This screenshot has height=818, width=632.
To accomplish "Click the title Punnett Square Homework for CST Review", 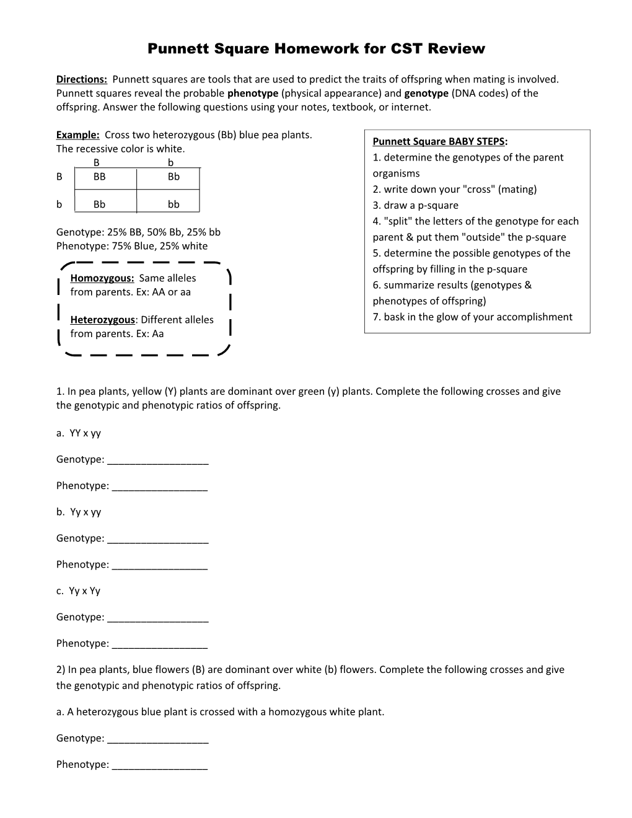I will [x=316, y=49].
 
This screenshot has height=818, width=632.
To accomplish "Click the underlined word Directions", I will [x=81, y=79].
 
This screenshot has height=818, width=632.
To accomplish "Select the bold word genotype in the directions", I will [x=426, y=94].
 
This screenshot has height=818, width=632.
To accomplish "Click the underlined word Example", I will [x=77, y=135].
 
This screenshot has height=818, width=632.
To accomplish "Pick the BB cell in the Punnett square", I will [x=100, y=177].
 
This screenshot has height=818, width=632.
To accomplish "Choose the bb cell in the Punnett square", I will [x=173, y=204].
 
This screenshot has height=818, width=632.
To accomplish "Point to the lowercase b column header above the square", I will [x=170, y=162].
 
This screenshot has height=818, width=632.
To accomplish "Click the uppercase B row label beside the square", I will [x=59, y=177].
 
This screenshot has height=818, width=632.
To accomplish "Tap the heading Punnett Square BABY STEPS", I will [x=439, y=141].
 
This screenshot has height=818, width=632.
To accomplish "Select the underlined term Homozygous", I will [x=102, y=278].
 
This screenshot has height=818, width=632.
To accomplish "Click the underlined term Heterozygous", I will [x=102, y=320].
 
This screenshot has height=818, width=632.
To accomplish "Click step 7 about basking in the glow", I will [x=472, y=317].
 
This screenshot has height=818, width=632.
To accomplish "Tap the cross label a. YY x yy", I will [x=79, y=433].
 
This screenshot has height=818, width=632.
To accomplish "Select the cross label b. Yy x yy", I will [x=79, y=512].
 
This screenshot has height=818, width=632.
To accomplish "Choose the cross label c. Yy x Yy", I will [x=78, y=591].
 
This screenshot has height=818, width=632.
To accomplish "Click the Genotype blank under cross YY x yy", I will [x=157, y=460].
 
